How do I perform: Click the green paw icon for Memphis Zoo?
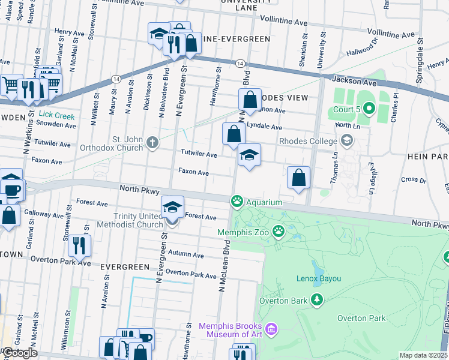278,230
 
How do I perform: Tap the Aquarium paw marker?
238,202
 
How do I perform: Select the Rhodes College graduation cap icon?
346,141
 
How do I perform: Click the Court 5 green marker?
369,109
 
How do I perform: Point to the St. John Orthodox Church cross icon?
153,143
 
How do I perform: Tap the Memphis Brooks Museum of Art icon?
271,329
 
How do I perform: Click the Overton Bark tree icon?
316,300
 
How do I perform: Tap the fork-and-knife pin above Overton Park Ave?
79,245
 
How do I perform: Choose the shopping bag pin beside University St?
298,178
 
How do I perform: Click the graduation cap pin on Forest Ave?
172,208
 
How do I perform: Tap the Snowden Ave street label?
56,125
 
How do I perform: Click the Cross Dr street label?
414,179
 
